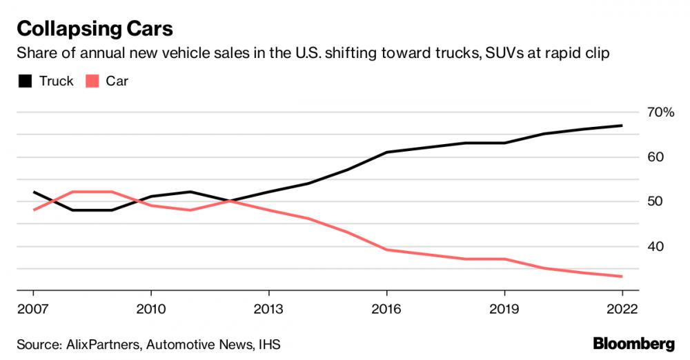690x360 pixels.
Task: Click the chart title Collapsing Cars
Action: point(95,29)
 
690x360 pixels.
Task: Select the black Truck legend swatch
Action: point(25,81)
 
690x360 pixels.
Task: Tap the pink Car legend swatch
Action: point(92,81)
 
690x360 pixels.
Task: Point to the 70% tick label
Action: point(660,112)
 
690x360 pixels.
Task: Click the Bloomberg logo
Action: point(633,343)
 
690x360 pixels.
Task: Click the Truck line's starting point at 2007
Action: point(33,192)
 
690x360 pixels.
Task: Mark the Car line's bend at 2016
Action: point(386,250)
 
